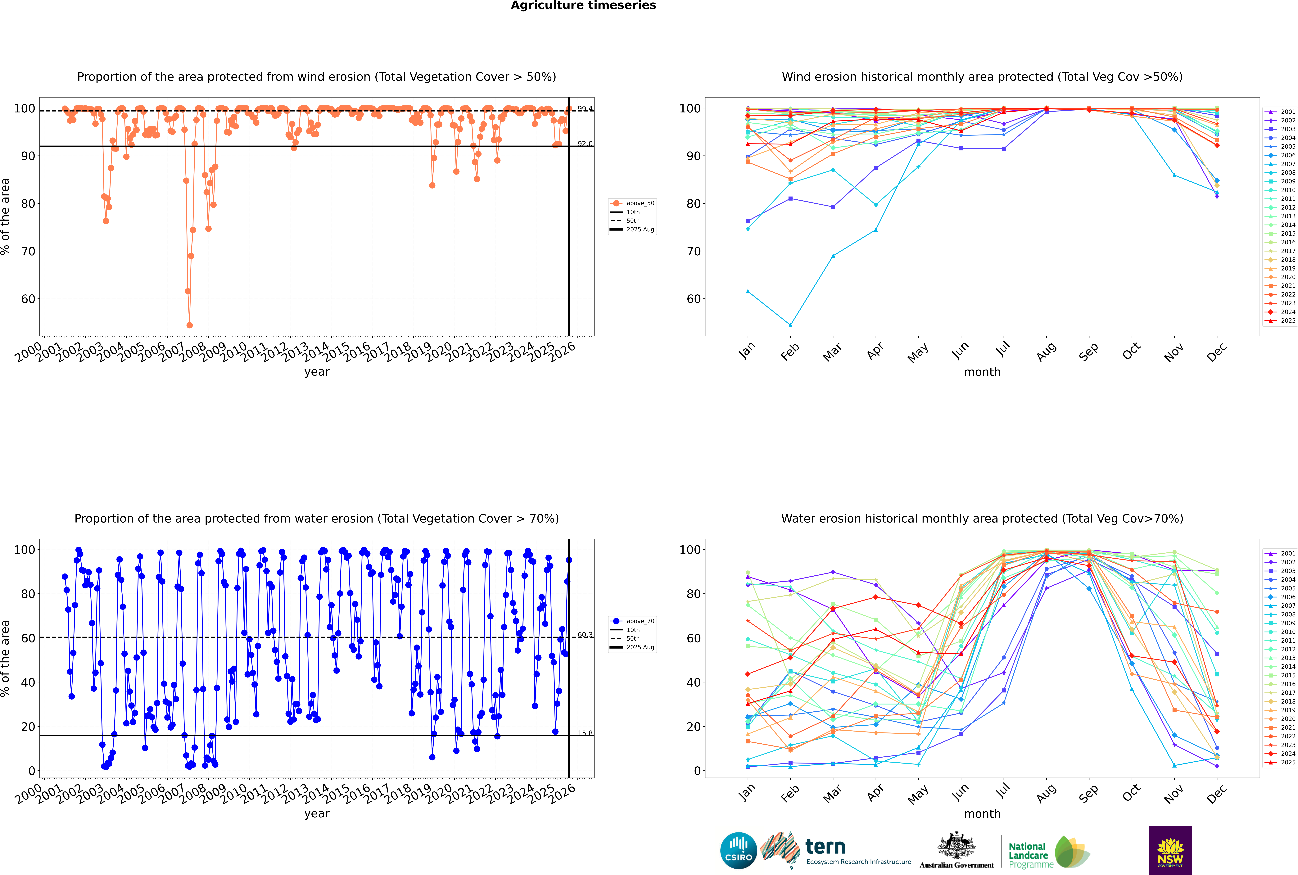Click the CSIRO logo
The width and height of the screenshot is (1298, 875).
(738, 850)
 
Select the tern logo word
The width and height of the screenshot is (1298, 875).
(825, 847)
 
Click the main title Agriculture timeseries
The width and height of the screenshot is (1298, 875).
(583, 6)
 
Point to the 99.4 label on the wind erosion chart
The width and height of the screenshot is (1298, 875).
(585, 109)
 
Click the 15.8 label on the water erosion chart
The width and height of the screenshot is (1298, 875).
(585, 733)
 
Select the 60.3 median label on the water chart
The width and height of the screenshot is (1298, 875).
(585, 635)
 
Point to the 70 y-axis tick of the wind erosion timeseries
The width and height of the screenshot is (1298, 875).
(28, 251)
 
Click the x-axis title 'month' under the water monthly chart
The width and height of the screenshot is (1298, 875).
(982, 814)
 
